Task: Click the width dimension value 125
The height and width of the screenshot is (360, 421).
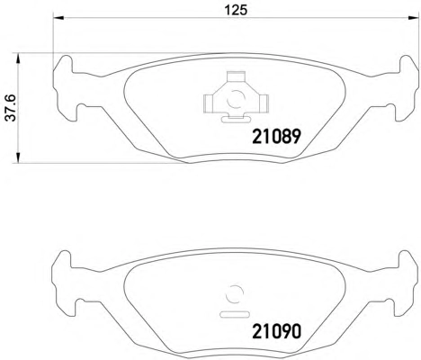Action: click(237, 10)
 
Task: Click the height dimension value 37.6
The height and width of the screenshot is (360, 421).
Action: click(11, 108)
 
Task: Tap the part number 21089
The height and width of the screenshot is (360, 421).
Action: click(276, 137)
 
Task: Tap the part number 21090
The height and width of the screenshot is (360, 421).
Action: click(276, 331)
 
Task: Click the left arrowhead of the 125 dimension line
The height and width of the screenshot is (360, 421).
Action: click(58, 18)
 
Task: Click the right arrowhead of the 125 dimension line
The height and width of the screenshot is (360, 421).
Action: click(413, 18)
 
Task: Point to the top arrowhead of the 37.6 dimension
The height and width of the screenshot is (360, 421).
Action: click(19, 58)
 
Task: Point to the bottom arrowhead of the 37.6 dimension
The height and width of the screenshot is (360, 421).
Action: click(19, 158)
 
